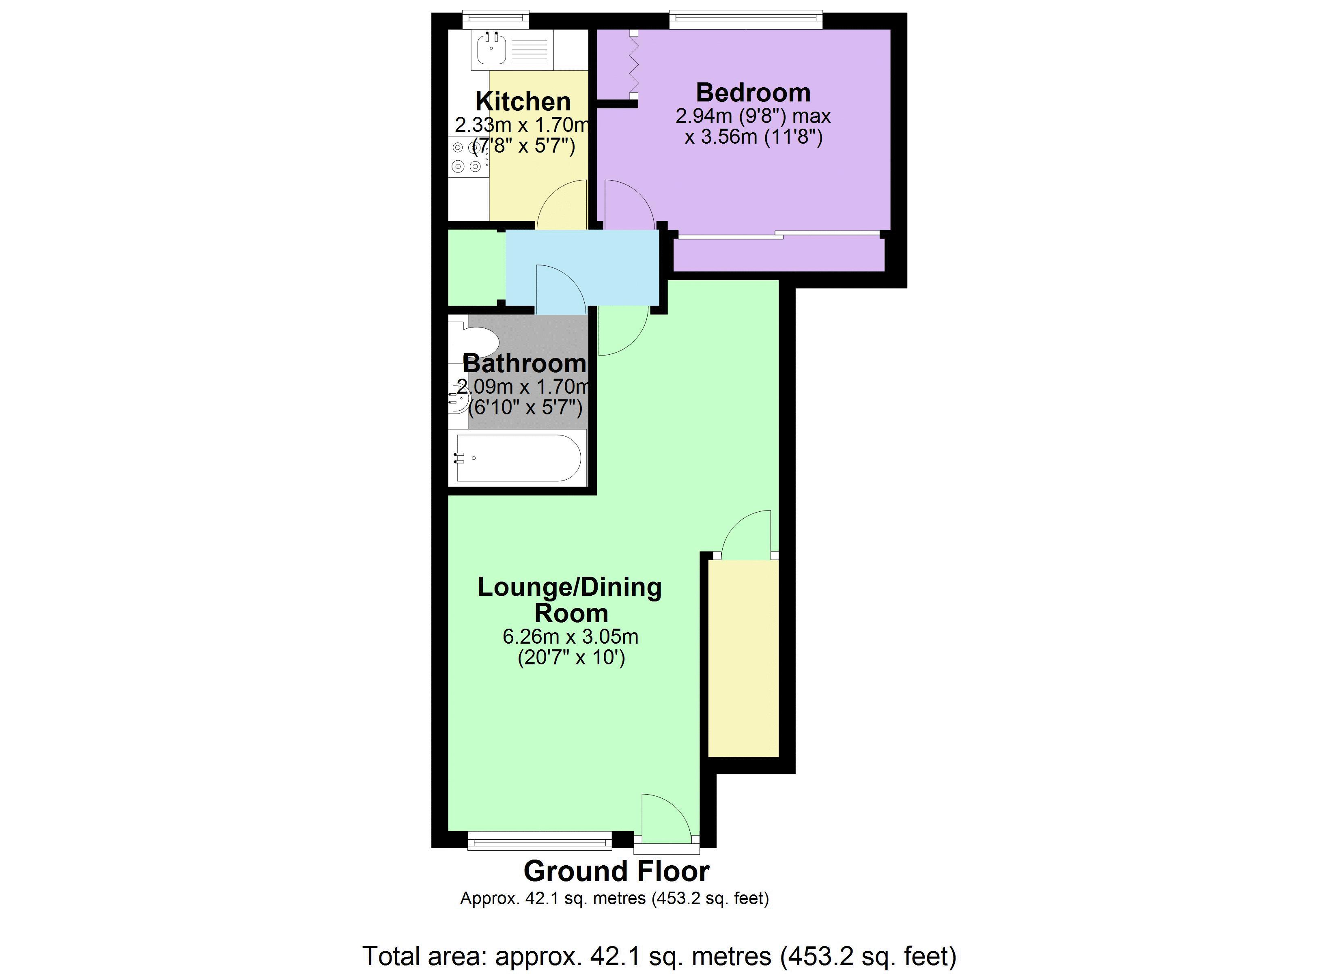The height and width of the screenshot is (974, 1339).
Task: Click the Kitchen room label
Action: click(523, 101)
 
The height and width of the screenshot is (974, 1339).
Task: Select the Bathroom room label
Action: click(524, 363)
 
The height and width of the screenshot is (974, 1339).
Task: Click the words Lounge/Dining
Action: click(569, 587)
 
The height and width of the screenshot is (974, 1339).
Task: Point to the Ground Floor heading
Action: click(616, 871)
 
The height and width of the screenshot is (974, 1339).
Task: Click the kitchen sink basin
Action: click(491, 50)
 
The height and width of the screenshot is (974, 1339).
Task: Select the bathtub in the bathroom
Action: click(518, 458)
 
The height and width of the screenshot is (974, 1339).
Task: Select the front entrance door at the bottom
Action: click(666, 820)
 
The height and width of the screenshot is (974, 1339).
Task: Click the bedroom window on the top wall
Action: click(746, 19)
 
